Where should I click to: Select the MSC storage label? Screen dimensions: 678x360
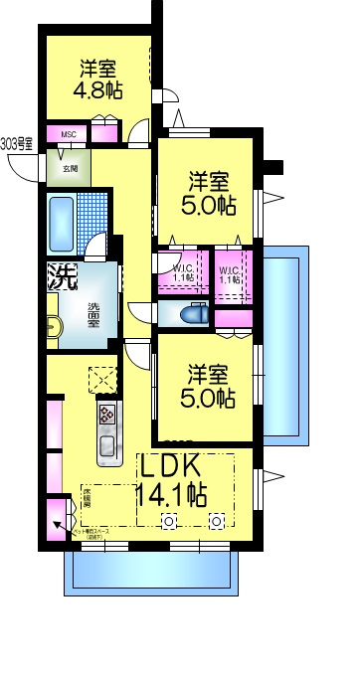coord(69,135)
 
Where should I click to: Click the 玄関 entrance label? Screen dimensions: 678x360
coord(71,168)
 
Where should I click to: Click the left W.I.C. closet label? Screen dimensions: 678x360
coord(183,273)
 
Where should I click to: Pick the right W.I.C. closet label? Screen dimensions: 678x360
coord(231,273)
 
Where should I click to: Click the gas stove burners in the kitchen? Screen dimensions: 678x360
coord(106,413)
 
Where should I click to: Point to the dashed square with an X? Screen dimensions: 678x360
coord(100,380)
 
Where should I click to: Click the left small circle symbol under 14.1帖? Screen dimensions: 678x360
coord(169,520)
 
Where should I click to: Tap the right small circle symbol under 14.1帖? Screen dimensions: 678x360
coord(216,520)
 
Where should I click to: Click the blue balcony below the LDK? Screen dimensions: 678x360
coord(151,575)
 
